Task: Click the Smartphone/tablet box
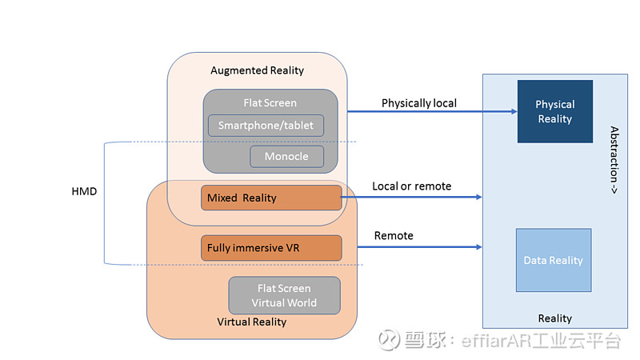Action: [x=266, y=126]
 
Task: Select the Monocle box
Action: [x=286, y=156]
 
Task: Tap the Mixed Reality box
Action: [x=271, y=198]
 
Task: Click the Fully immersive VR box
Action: [x=271, y=248]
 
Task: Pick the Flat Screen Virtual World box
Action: [x=284, y=295]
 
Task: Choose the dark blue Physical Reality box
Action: [x=554, y=111]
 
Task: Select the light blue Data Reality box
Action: [x=553, y=260]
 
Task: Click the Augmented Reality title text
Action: [x=257, y=70]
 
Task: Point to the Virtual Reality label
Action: [x=252, y=322]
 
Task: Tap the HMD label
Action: [x=83, y=191]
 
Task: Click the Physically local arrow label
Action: [x=419, y=103]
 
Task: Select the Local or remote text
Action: [x=411, y=186]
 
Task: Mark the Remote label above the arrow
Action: [x=394, y=236]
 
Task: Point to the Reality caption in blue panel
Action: [x=554, y=318]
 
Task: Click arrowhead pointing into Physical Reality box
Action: [x=512, y=112]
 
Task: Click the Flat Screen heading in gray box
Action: [x=270, y=103]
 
